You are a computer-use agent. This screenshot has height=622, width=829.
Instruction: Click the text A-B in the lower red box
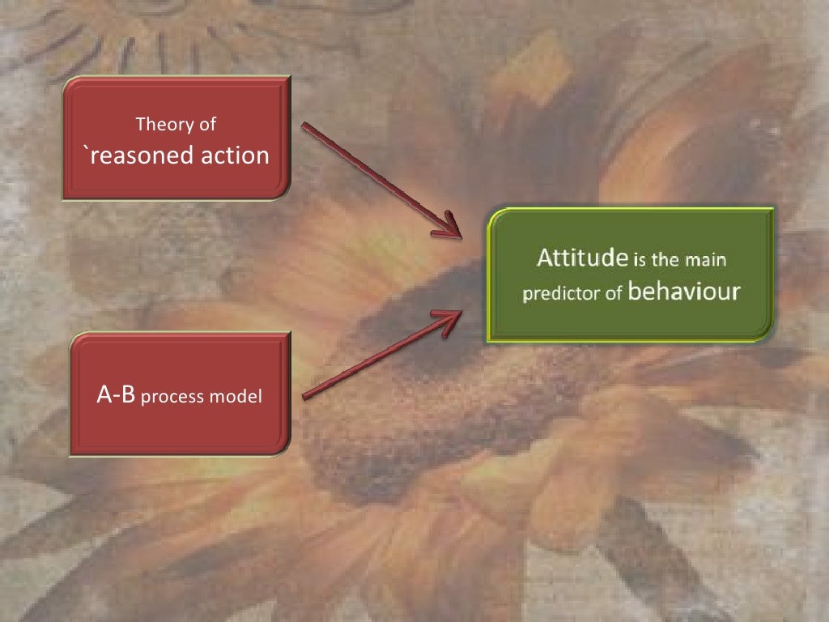coord(116,396)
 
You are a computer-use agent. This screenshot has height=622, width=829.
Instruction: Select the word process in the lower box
coord(176,398)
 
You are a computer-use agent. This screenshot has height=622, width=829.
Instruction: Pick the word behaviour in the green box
coord(684,292)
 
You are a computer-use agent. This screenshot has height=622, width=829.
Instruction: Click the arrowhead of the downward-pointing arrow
coord(448,228)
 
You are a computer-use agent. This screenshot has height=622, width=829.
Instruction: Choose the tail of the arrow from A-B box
coord(304,397)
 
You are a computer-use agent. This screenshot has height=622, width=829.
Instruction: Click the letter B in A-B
coord(126,396)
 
